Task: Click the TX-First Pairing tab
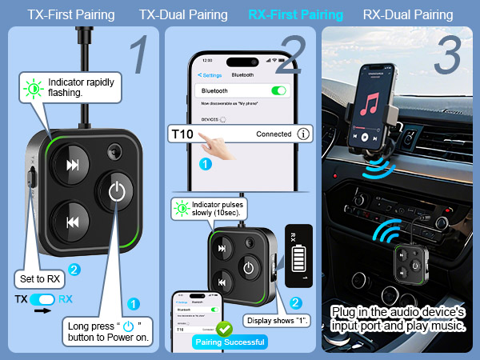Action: click(x=70, y=14)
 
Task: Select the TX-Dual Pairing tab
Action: click(x=182, y=14)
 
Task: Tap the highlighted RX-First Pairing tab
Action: click(x=295, y=14)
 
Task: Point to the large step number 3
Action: click(x=450, y=55)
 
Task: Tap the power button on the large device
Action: click(x=118, y=192)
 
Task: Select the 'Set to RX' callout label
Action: click(x=38, y=279)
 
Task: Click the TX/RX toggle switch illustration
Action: click(x=46, y=299)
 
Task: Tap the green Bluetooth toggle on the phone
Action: click(x=278, y=90)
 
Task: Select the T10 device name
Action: click(x=182, y=134)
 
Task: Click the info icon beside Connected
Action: click(x=303, y=134)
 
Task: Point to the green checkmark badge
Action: click(x=225, y=328)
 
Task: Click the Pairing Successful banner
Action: click(x=230, y=342)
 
